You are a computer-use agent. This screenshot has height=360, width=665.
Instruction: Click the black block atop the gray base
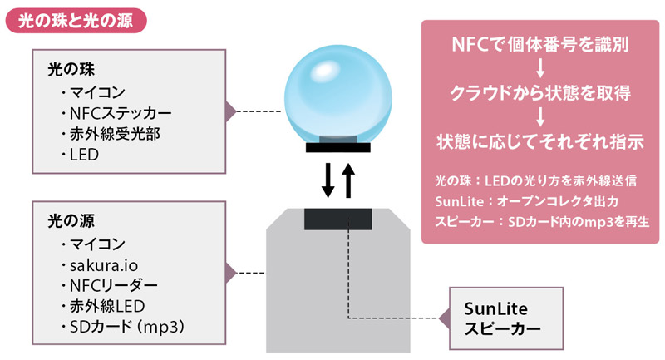pyautogui.click(x=337, y=219)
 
